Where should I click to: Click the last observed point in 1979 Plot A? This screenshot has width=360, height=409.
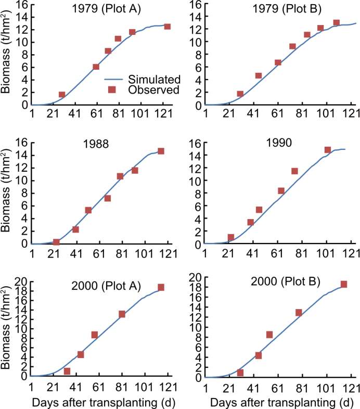pyautogui.click(x=167, y=27)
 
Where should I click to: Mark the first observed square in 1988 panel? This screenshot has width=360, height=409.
pyautogui.click(x=56, y=242)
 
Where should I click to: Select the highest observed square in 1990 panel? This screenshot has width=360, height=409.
pyautogui.click(x=328, y=150)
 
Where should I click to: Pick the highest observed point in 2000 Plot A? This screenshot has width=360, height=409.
pyautogui.click(x=161, y=287)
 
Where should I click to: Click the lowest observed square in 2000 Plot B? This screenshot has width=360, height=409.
pyautogui.click(x=240, y=373)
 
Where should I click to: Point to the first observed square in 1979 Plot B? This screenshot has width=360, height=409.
pyautogui.click(x=240, y=94)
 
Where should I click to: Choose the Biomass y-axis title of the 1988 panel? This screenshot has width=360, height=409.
pyautogui.click(x=6, y=194)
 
